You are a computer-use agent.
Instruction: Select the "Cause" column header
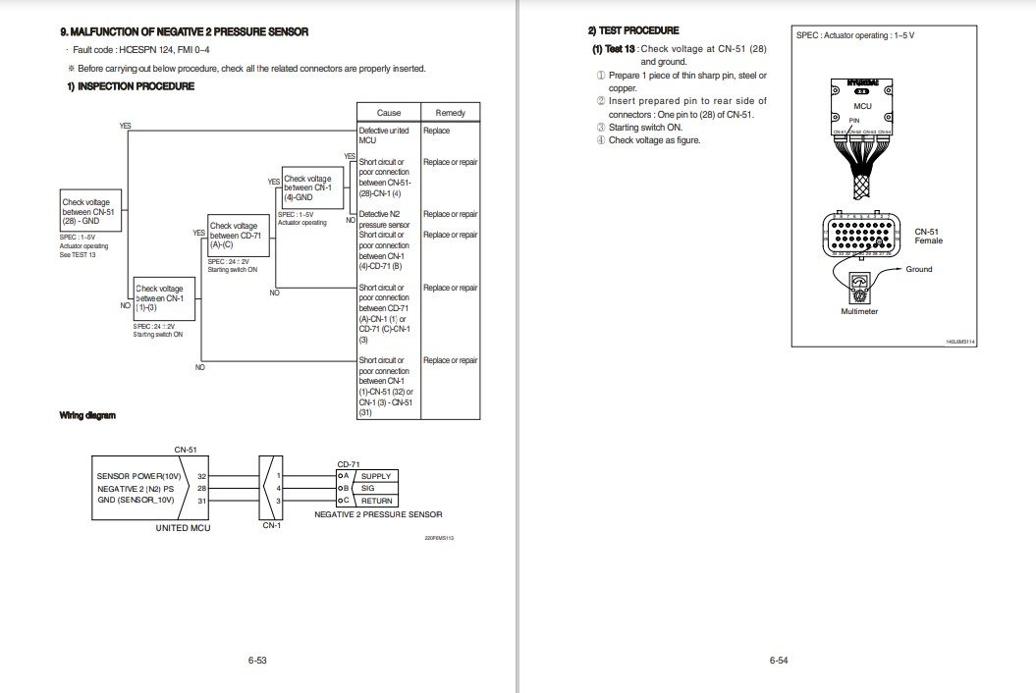click(x=388, y=113)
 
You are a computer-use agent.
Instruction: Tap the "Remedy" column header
click(x=450, y=113)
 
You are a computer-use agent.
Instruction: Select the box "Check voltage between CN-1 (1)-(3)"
click(x=164, y=298)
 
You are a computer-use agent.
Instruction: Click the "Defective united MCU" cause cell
click(x=386, y=135)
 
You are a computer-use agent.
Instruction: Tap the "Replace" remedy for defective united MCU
click(x=436, y=131)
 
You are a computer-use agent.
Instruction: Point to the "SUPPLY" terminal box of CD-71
click(x=375, y=476)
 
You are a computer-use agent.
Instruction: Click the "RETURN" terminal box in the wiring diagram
click(x=375, y=501)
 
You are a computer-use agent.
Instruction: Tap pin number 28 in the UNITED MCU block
click(x=201, y=488)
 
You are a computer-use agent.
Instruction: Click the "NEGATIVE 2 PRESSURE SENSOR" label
click(x=378, y=514)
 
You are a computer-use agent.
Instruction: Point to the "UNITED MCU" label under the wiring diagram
click(x=185, y=527)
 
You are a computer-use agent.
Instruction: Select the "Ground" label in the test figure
click(x=919, y=269)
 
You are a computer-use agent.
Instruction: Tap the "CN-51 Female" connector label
click(x=928, y=236)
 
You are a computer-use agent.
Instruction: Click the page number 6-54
click(x=778, y=660)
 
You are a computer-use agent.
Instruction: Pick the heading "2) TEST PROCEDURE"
click(x=633, y=31)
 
